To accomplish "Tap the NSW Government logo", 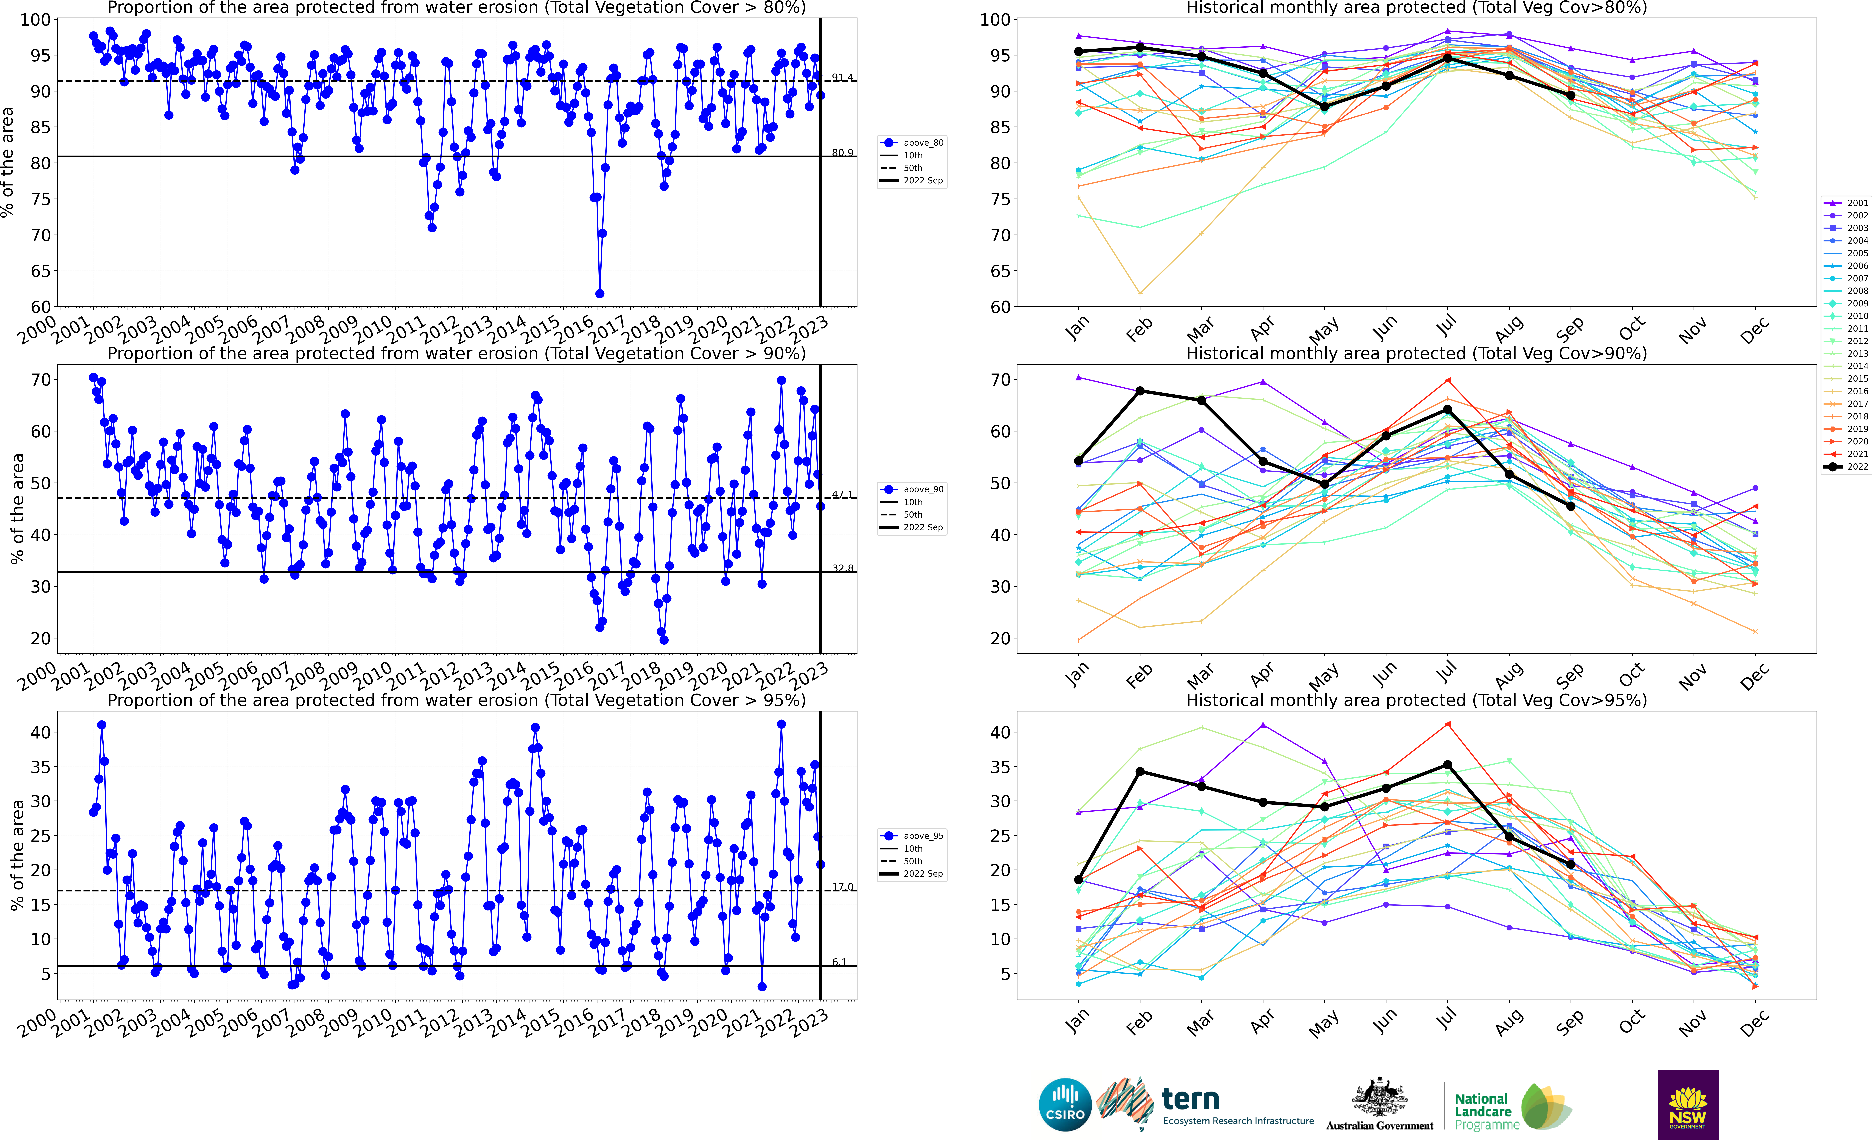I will click(x=1687, y=1104).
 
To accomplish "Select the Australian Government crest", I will click(x=1379, y=1098).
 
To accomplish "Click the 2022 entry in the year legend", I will click(x=1846, y=467).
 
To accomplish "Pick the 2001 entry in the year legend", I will click(x=1846, y=203).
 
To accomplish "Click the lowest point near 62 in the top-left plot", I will click(x=599, y=293).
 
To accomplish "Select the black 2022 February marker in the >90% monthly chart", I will click(x=1140, y=391).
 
